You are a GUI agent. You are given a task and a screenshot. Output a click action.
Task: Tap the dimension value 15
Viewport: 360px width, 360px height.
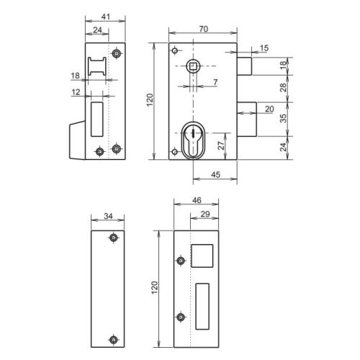click(264, 48)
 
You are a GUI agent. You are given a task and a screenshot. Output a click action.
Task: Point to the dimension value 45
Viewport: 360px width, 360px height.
click(215, 175)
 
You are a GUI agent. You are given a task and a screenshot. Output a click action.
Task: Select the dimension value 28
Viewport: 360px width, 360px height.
click(283, 86)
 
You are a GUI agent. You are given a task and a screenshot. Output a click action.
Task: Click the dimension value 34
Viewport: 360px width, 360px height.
click(107, 215)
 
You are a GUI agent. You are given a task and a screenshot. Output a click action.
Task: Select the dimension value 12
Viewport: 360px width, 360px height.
click(76, 92)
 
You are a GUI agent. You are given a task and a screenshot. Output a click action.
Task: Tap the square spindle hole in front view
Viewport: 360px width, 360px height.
click(194, 67)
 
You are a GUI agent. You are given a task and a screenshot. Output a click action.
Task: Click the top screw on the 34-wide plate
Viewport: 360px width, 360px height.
click(112, 238)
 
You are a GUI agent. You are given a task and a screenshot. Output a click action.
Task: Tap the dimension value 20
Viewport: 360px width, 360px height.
click(269, 108)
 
